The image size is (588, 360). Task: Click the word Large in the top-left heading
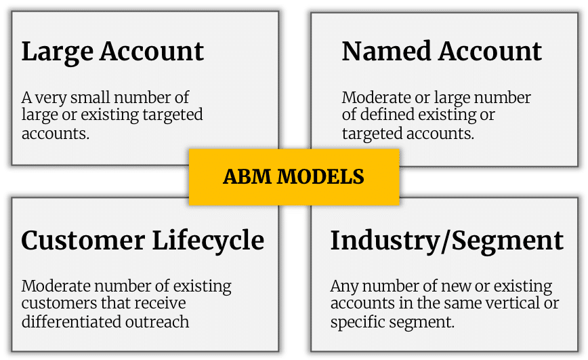(58, 52)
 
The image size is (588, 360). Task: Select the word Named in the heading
(386, 51)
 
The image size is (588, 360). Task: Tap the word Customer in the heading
(83, 240)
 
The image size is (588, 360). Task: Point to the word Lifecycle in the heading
(208, 241)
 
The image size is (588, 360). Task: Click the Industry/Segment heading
(446, 241)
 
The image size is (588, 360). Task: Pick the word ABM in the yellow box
(247, 176)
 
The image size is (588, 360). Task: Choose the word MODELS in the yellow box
(320, 176)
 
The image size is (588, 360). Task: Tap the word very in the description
(51, 98)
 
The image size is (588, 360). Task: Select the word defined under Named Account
(386, 115)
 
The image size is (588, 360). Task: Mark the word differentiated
(71, 322)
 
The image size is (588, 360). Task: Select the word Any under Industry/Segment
(344, 287)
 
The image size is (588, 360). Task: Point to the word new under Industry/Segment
(457, 287)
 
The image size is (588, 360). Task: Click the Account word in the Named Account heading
(490, 51)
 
